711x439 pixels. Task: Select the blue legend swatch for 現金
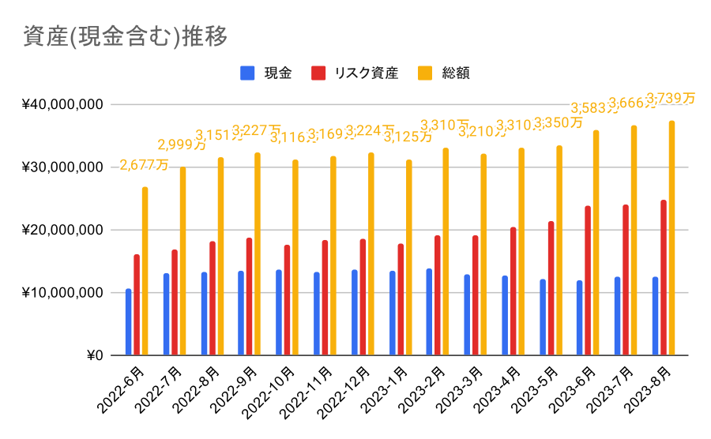[x=247, y=73]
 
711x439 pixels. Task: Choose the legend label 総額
[x=456, y=73]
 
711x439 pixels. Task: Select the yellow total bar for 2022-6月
[x=145, y=271]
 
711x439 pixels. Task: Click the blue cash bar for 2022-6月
[x=128, y=322]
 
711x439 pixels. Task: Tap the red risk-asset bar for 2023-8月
[x=664, y=278]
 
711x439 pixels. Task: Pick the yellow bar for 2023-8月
[x=671, y=238]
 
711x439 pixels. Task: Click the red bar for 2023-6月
[x=589, y=280]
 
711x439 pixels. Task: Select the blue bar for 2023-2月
[x=429, y=312]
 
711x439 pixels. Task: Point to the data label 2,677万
[x=145, y=165]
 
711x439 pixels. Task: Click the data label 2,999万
[x=182, y=144]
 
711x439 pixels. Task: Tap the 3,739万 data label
[x=671, y=98]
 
